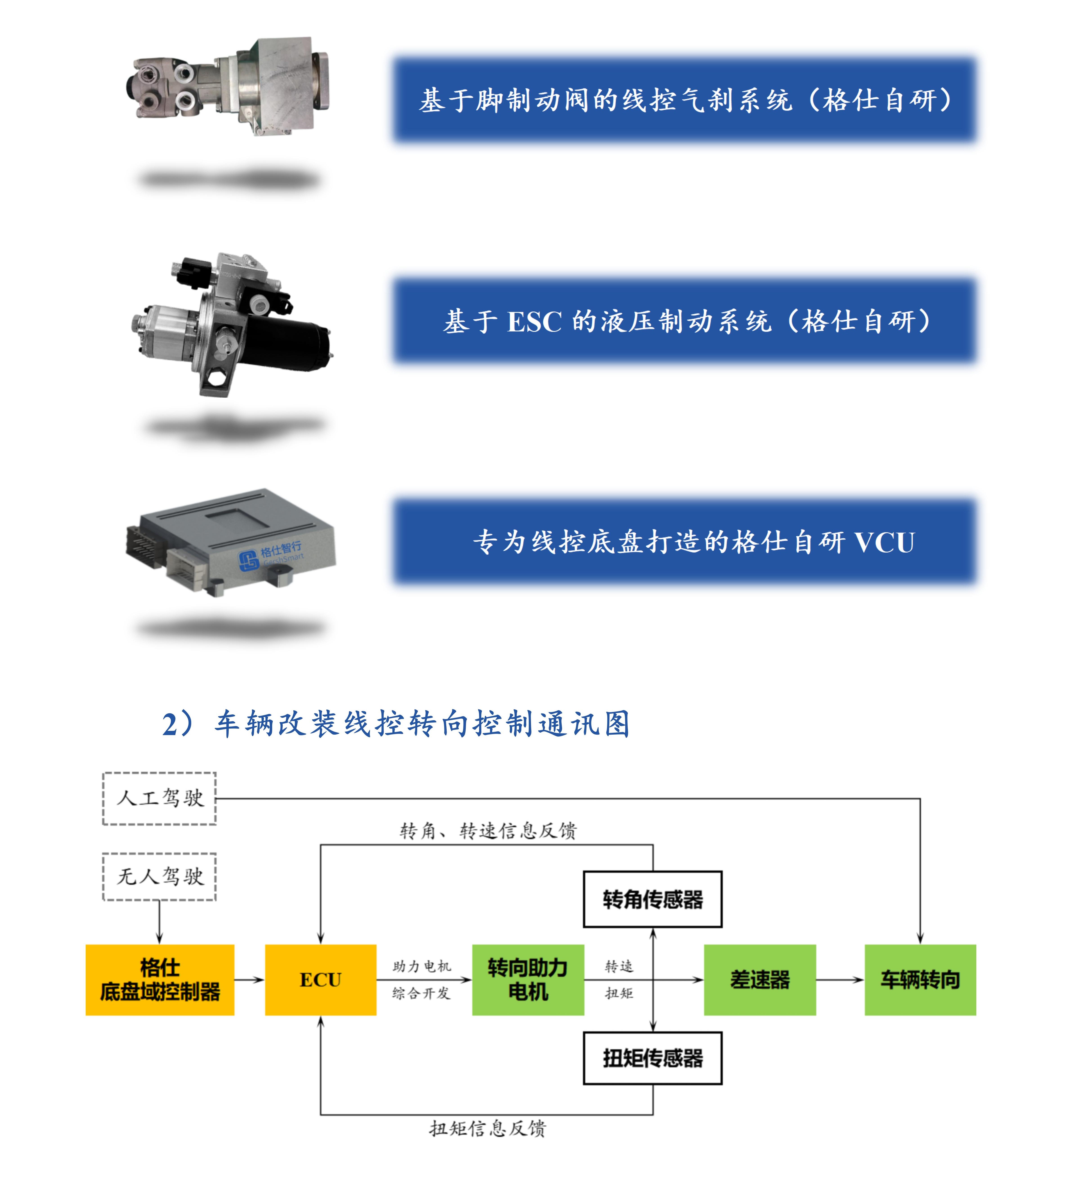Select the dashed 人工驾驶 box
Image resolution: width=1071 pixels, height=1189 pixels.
159,798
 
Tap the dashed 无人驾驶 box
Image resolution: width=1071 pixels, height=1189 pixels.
159,876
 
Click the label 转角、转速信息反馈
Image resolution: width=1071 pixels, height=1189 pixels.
488,830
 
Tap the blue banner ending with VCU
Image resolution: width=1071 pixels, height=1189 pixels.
684,541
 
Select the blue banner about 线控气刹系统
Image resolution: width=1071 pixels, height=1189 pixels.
684,100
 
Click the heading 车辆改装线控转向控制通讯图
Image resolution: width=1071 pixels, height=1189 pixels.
395,724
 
